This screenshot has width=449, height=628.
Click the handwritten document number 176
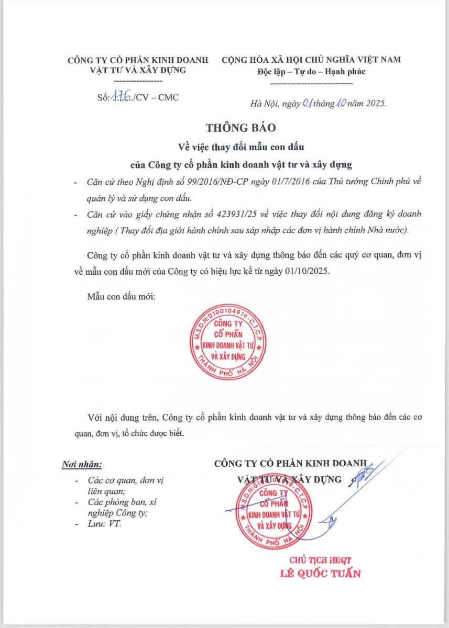click(121, 98)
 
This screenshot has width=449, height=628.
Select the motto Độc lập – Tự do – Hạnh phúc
click(311, 72)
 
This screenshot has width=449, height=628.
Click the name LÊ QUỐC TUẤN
click(321, 573)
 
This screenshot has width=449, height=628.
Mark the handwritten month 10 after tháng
click(340, 104)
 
